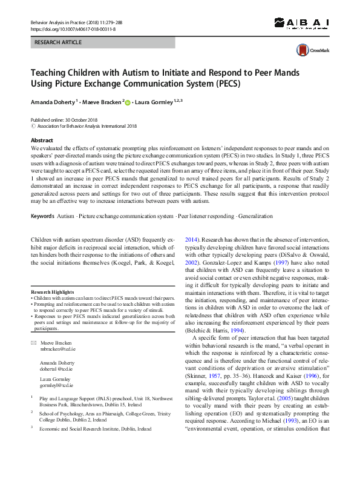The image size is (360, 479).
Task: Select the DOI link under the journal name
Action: pyautogui.click(x=73, y=29)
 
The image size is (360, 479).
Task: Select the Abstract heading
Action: pyautogui.click(x=42, y=140)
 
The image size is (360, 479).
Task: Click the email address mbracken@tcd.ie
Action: pyautogui.click(x=57, y=350)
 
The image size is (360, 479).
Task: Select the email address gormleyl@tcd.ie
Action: pyautogui.click(x=56, y=385)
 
